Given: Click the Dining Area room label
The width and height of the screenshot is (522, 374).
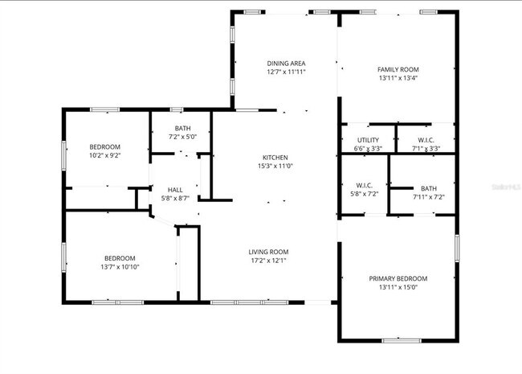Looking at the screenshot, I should pyautogui.click(x=286, y=63).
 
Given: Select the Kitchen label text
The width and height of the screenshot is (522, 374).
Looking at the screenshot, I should pyautogui.click(x=275, y=157).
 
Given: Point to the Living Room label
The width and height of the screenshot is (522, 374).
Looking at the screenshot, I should pyautogui.click(x=268, y=252).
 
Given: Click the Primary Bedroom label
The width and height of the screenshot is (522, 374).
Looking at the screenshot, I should pyautogui.click(x=398, y=278).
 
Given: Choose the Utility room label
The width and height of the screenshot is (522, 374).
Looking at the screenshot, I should pyautogui.click(x=368, y=140).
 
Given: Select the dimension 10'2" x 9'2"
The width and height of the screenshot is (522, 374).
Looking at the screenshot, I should pyautogui.click(x=104, y=155).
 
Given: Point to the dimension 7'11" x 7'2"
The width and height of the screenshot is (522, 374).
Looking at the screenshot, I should pyautogui.click(x=428, y=196).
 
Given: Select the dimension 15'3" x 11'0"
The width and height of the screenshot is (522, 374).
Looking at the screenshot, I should pyautogui.click(x=275, y=166).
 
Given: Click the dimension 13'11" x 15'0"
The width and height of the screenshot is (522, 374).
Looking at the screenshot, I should pyautogui.click(x=398, y=287).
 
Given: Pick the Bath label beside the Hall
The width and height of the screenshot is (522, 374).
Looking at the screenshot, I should pyautogui.click(x=181, y=128).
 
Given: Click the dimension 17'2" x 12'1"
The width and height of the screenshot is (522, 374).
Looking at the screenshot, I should pyautogui.click(x=268, y=261).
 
